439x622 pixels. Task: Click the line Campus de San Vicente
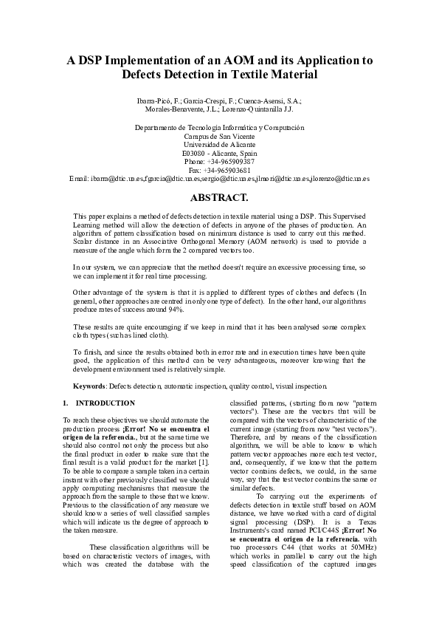(x=219, y=135)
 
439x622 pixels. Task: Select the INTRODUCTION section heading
(x=106, y=403)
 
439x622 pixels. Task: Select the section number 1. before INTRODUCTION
(x=66, y=403)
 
